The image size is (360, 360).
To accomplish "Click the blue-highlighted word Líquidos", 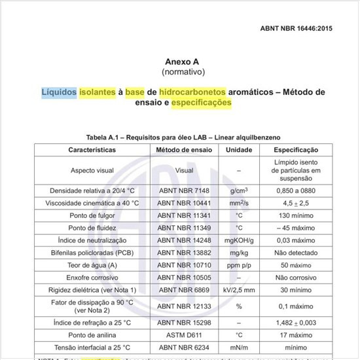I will point(59,92).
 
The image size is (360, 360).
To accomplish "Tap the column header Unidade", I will point(238,150).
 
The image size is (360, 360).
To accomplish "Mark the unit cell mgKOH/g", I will point(238,240).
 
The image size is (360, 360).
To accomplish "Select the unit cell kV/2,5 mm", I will point(238,289).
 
